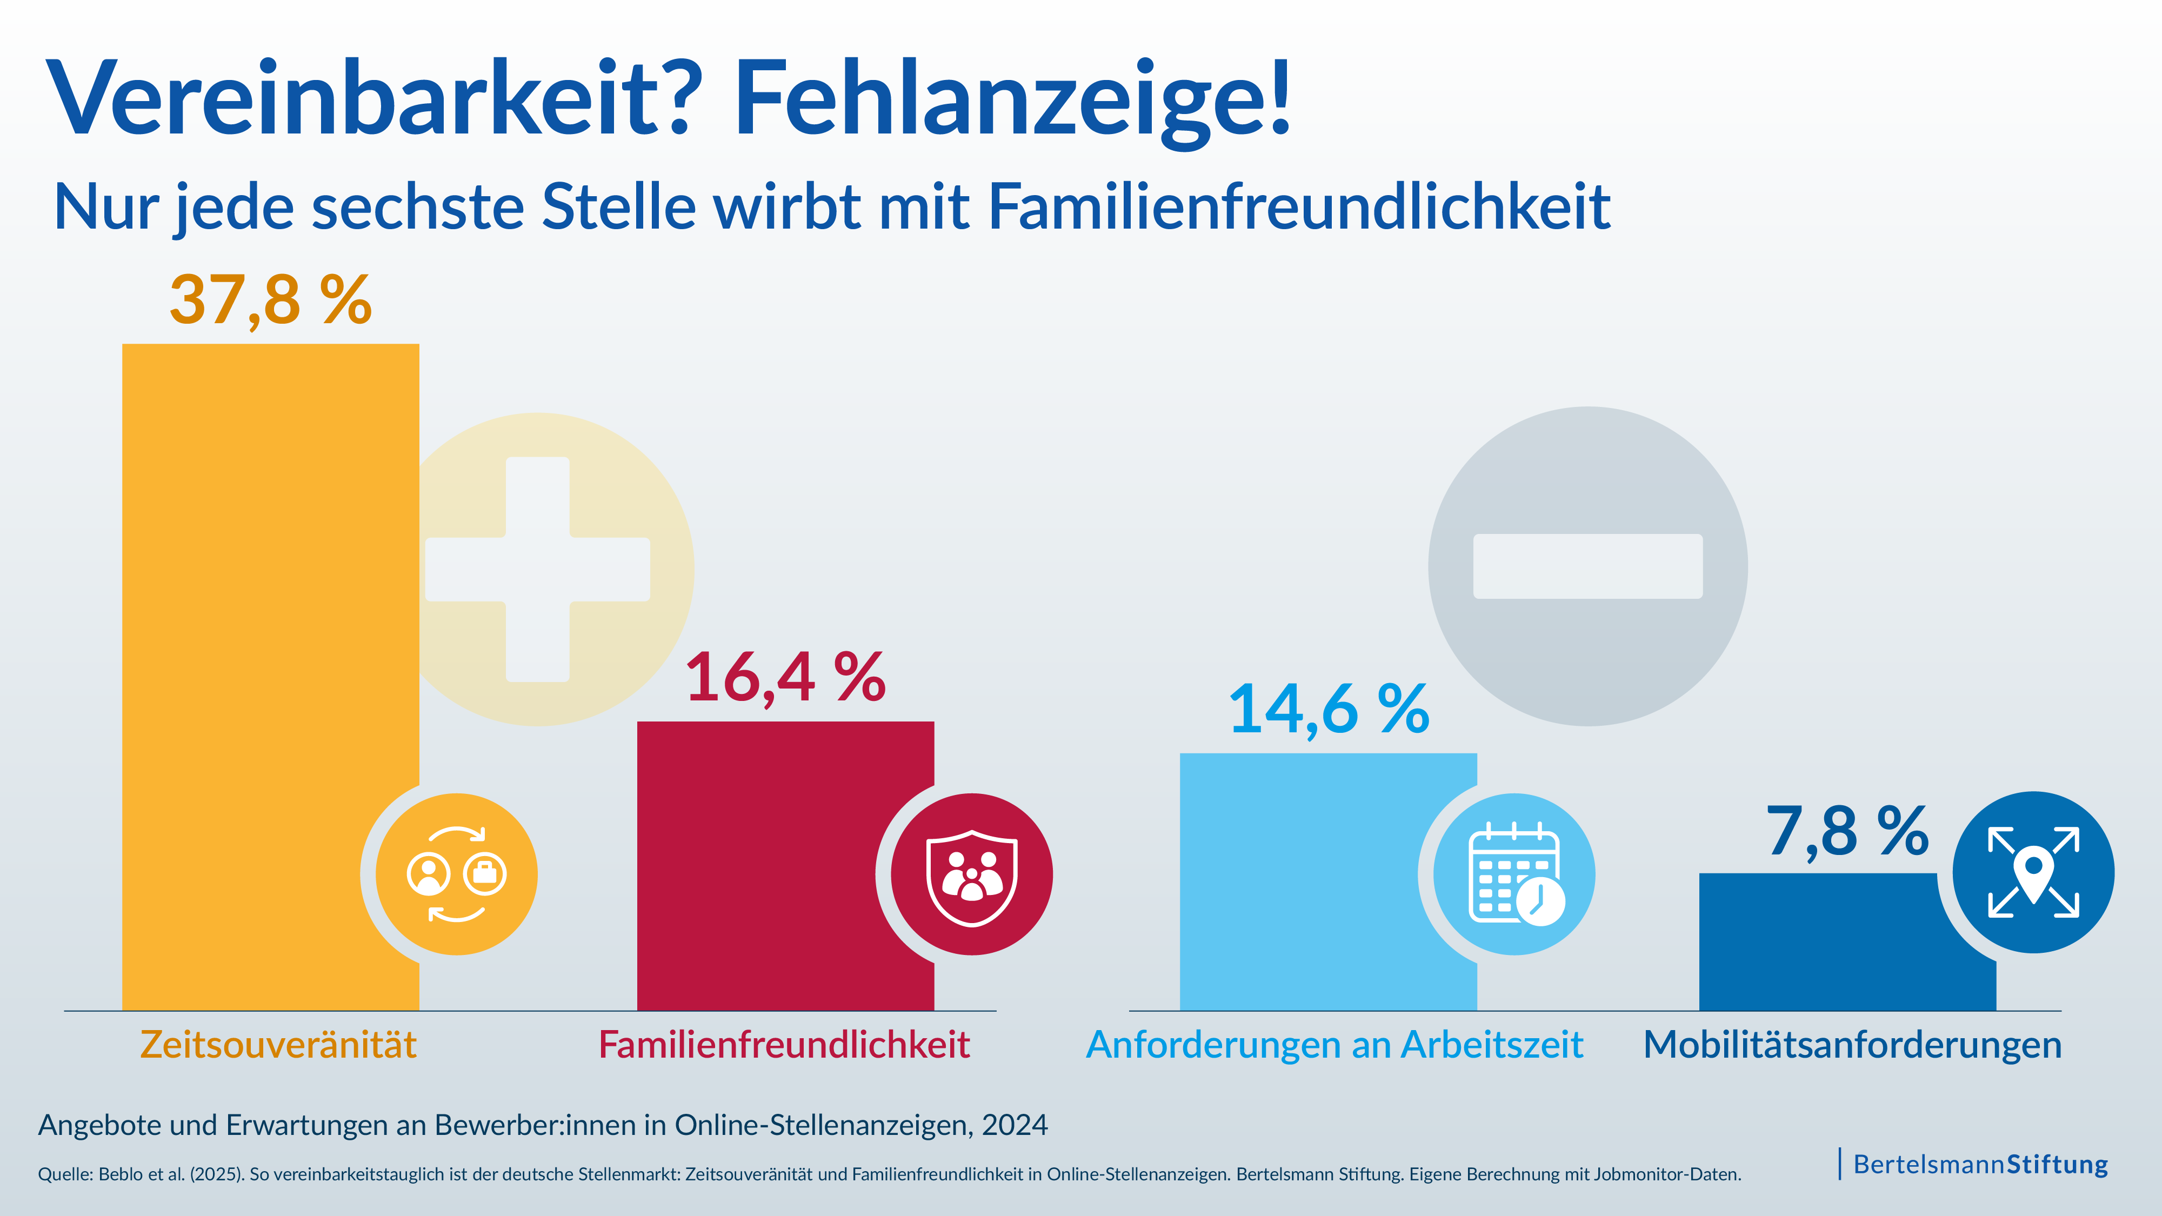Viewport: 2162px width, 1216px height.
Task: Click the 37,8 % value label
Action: tap(270, 300)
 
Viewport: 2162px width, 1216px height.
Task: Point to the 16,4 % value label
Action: tap(785, 678)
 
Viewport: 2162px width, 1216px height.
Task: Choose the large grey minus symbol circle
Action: tap(1588, 566)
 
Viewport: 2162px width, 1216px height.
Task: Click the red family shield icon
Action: tap(972, 874)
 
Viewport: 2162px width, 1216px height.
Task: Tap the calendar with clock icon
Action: tap(1515, 874)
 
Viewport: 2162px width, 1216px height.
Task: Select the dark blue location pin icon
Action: tap(2033, 873)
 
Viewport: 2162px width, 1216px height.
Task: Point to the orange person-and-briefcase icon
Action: tap(457, 874)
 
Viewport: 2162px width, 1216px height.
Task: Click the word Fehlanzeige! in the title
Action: tap(1011, 99)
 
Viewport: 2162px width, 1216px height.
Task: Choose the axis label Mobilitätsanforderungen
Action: tap(1852, 1045)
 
